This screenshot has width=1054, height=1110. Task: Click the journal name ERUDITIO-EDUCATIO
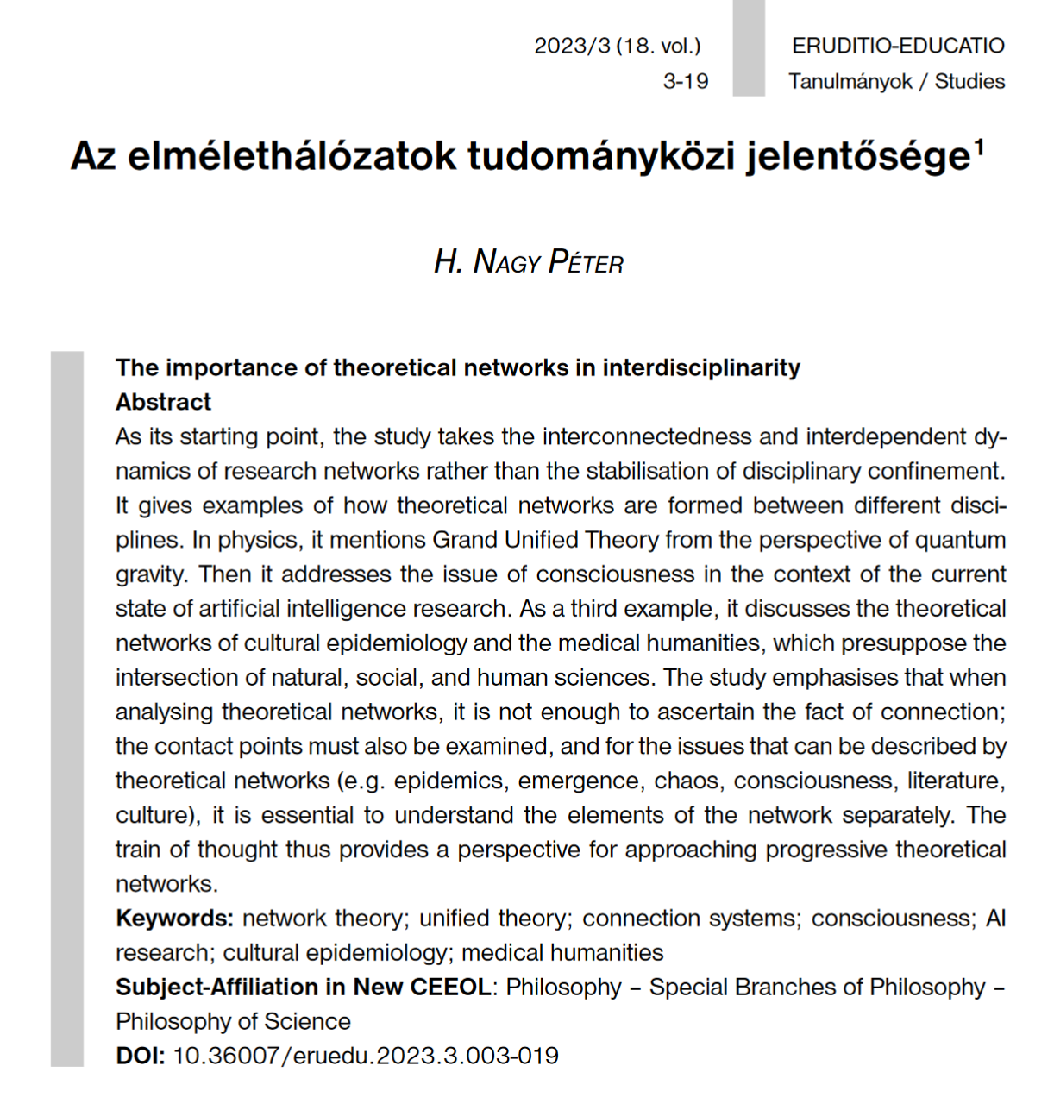tap(898, 46)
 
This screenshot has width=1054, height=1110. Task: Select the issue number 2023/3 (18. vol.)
tap(618, 46)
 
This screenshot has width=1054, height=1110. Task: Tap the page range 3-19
tap(686, 82)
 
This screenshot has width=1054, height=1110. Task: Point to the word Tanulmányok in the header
tap(850, 82)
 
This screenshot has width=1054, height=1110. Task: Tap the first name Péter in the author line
tap(586, 261)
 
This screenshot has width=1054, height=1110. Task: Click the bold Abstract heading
tap(164, 403)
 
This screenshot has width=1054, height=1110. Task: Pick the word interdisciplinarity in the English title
tap(701, 368)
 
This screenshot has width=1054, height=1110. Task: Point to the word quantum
tap(960, 541)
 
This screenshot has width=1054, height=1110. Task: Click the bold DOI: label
tap(140, 1057)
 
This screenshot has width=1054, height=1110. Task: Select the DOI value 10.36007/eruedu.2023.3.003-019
tap(366, 1057)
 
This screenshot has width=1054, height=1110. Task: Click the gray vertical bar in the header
tap(749, 47)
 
